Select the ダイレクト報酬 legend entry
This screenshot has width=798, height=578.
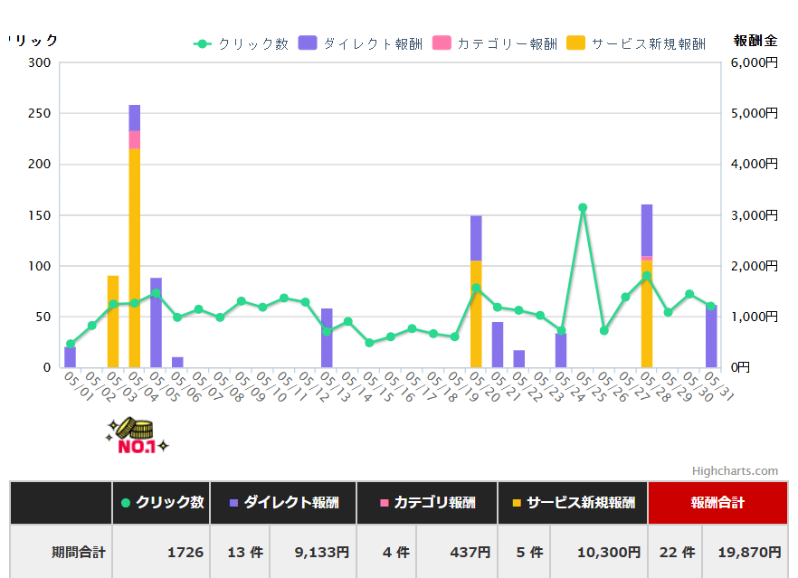[x=360, y=43]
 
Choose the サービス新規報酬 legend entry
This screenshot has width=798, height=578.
[x=636, y=43]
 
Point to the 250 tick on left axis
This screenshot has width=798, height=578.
[x=39, y=113]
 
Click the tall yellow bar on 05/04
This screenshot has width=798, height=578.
[x=135, y=262]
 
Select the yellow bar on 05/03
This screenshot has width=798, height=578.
[x=113, y=321]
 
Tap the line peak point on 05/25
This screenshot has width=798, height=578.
[x=583, y=207]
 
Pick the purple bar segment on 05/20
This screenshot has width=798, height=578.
[x=476, y=237]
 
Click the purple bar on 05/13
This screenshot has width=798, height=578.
[x=327, y=338]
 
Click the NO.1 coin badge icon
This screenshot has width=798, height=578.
[x=137, y=436]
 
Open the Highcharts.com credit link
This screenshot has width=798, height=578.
[x=735, y=470]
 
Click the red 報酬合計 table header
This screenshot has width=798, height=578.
[x=717, y=503]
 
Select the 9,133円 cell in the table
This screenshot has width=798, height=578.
[x=323, y=552]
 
